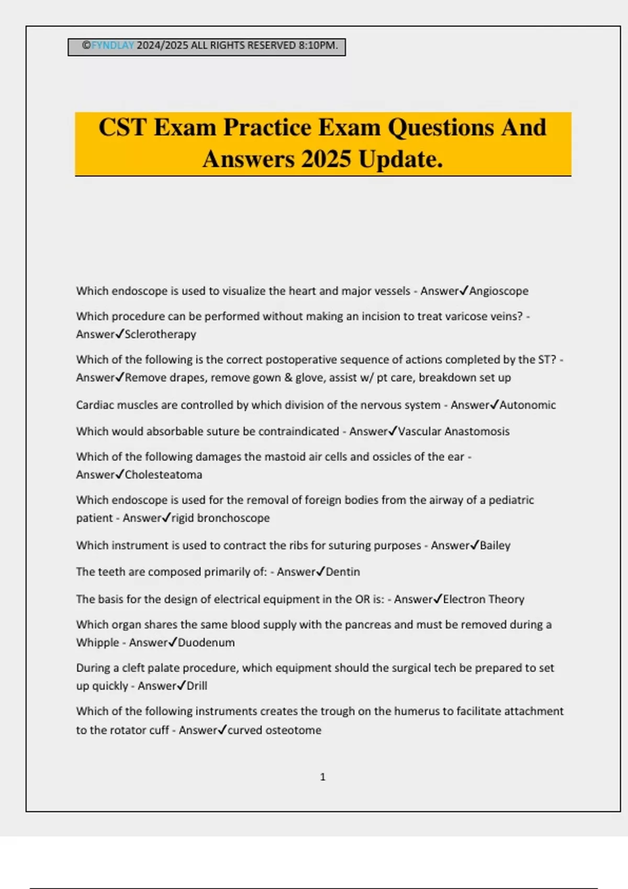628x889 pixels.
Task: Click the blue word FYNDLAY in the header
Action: click(113, 45)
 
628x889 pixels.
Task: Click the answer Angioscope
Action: click(499, 291)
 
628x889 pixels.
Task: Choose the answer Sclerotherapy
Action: click(160, 334)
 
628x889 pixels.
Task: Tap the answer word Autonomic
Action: click(528, 405)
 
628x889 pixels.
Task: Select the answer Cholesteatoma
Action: click(163, 475)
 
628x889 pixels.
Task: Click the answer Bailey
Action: click(495, 545)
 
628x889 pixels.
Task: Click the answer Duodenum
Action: click(206, 643)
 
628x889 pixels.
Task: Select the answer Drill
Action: click(197, 686)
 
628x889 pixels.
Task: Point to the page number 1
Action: click(323, 777)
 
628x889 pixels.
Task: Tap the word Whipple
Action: click(97, 643)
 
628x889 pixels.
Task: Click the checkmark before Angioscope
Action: click(464, 290)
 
